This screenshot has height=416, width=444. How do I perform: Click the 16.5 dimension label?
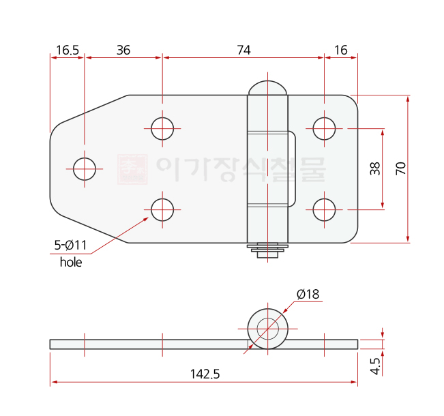click(68, 50)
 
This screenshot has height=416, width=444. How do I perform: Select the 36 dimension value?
click(123, 50)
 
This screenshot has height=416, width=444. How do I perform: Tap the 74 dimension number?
click(243, 50)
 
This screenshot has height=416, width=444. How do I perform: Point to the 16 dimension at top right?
click(341, 50)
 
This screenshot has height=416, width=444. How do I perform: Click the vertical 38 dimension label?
click(375, 168)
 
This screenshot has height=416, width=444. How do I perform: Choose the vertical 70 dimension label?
click(400, 168)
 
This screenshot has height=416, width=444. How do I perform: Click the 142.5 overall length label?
click(205, 374)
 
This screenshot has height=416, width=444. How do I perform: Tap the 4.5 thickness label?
click(375, 366)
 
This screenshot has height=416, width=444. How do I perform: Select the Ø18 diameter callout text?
click(308, 295)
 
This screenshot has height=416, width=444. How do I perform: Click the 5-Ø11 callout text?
click(70, 246)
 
